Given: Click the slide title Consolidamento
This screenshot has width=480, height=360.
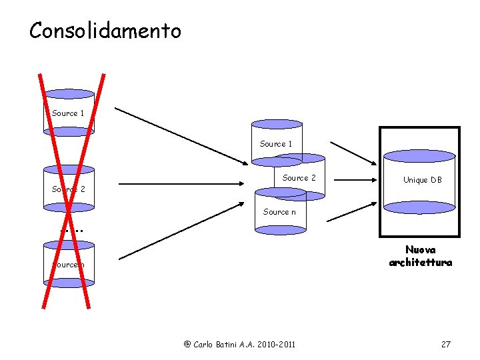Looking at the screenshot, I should pyautogui.click(x=105, y=31).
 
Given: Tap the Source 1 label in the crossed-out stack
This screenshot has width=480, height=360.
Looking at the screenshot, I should pyautogui.click(x=68, y=113).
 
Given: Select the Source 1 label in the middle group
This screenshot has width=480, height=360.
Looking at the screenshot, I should pyautogui.click(x=276, y=144).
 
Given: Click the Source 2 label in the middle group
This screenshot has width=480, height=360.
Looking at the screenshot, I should pyautogui.click(x=299, y=178).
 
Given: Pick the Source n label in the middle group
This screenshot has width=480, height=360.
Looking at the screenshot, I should pyautogui.click(x=280, y=212).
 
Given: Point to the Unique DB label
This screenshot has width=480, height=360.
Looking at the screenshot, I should pyautogui.click(x=422, y=180).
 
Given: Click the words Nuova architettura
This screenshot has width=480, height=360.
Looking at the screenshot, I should pyautogui.click(x=420, y=256).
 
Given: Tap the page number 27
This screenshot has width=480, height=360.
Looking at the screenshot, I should pyautogui.click(x=446, y=344).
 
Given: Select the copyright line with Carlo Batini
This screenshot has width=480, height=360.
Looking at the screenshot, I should pyautogui.click(x=239, y=344).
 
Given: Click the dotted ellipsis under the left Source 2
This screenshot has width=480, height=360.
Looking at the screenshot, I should pyautogui.click(x=71, y=231).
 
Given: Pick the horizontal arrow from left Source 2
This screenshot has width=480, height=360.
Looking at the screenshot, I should pyautogui.click(x=180, y=183).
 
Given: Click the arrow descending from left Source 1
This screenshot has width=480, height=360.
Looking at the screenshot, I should pyautogui.click(x=180, y=134).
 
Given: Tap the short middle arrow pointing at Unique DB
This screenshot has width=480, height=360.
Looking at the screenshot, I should pyautogui.click(x=354, y=179).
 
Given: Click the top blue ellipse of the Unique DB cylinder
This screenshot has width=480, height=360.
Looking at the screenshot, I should pyautogui.click(x=419, y=156).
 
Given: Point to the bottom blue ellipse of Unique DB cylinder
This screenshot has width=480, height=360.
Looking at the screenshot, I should pyautogui.click(x=419, y=207).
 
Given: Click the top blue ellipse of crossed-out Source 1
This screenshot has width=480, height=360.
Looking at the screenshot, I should pyautogui.click(x=69, y=94).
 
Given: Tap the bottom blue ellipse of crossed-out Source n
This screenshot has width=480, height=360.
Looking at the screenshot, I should pyautogui.click(x=68, y=283).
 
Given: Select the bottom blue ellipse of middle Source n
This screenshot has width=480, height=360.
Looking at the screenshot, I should pyautogui.click(x=281, y=230).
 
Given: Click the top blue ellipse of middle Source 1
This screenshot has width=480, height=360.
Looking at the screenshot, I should pyautogui.click(x=277, y=124).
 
